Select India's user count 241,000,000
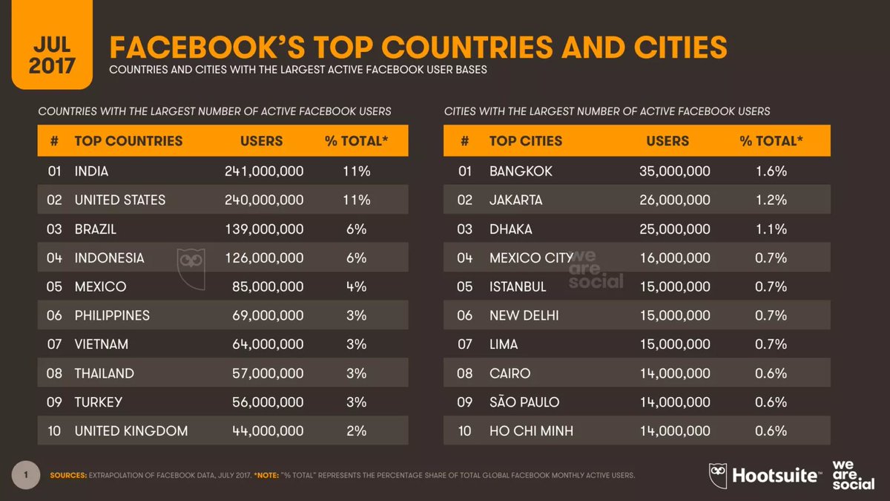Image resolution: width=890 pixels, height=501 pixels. (264, 171)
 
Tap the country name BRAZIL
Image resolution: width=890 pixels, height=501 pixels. (96, 229)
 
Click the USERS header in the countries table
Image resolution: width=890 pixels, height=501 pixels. (261, 141)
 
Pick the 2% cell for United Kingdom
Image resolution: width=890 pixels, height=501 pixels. (356, 430)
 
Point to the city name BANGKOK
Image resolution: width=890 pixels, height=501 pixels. (521, 171)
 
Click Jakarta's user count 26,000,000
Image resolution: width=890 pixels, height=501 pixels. (674, 200)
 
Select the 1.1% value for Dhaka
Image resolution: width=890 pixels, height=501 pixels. (771, 229)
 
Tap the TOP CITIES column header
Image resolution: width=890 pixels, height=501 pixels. (525, 141)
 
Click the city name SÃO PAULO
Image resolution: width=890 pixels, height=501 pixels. (524, 402)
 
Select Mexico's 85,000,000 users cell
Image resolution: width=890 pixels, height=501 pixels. (270, 286)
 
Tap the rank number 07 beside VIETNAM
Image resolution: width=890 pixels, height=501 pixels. (54, 344)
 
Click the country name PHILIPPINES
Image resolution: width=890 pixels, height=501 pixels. (112, 315)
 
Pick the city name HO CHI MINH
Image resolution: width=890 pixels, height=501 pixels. (531, 430)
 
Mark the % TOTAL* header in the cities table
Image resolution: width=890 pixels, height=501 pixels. (771, 141)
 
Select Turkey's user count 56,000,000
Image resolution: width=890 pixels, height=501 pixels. (270, 402)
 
